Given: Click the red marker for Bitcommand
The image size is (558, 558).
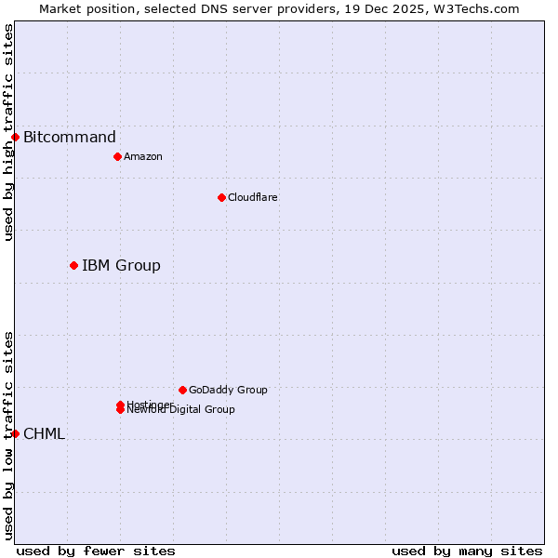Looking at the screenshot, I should (15, 138).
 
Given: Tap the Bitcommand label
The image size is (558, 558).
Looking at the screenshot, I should (70, 138).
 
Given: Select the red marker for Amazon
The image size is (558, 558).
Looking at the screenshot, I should (117, 156).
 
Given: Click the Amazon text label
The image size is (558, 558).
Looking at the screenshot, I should (143, 156).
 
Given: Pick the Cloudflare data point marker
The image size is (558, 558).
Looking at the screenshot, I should (221, 197).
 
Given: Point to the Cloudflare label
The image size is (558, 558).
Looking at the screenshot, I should (253, 197).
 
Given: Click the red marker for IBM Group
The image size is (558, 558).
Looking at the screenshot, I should (73, 266).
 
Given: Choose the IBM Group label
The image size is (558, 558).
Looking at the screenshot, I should (121, 266).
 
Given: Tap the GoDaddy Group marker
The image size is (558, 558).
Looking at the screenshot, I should (182, 390).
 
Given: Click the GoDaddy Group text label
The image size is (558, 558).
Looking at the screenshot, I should (228, 391).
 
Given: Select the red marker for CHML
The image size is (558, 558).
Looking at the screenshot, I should (15, 433).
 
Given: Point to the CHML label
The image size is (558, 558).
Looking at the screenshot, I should (44, 434).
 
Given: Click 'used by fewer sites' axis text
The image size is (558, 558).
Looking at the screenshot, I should (96, 551).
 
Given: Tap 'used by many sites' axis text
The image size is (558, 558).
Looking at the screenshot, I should (467, 551).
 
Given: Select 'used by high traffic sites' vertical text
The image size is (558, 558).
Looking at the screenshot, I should (8, 132).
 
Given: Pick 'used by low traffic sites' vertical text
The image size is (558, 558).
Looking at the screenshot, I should (8, 434).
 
